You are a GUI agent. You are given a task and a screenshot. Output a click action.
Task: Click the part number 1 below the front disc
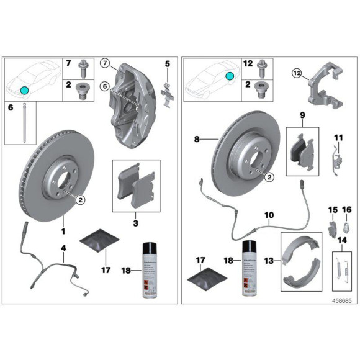click(x=63, y=230)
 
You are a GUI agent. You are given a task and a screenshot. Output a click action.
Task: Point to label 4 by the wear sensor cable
click(x=63, y=248)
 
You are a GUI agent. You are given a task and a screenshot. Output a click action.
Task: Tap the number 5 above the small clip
click(x=167, y=63)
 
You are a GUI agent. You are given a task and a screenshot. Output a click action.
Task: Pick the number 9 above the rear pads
click(x=302, y=115)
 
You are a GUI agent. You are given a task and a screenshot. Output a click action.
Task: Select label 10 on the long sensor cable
click(x=269, y=215)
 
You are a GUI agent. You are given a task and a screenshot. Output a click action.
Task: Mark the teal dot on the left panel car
click(x=25, y=90)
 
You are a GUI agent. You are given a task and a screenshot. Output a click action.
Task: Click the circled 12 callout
click(x=297, y=74)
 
